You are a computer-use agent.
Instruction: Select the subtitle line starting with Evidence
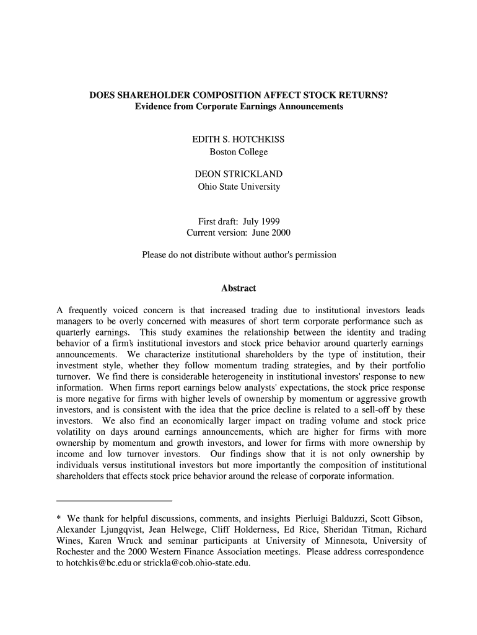pos(239,107)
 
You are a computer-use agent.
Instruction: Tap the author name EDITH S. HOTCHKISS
pos(239,140)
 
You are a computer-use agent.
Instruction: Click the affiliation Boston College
pos(239,152)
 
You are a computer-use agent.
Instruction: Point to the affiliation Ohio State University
pos(239,186)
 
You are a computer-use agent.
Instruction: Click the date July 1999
pos(261,221)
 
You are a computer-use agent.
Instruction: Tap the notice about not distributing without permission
pos(239,255)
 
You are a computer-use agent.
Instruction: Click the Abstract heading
pos(239,288)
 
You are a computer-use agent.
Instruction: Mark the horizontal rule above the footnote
pos(114,500)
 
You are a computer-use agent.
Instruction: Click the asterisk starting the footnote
pos(59,519)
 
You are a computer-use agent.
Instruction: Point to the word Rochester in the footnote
pos(77,552)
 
